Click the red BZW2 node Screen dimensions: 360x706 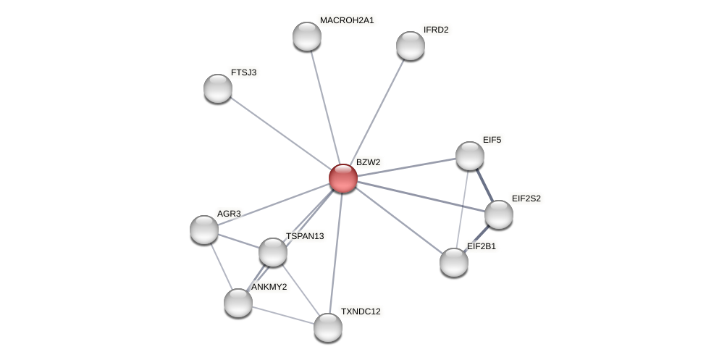(x=343, y=178)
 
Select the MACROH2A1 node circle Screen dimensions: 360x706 (x=307, y=36)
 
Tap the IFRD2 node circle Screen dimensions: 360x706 (x=411, y=46)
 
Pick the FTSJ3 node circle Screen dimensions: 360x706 (x=218, y=88)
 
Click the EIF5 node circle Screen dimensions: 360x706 (x=470, y=156)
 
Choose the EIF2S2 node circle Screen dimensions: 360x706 (x=499, y=214)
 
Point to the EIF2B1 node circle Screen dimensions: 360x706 (x=454, y=262)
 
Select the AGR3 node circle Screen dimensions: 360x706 (x=204, y=230)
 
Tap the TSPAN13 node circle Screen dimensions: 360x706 (x=273, y=252)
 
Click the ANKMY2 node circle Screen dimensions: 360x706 (x=238, y=303)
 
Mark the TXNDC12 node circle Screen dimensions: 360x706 (x=328, y=327)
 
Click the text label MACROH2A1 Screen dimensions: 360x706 (x=347, y=20)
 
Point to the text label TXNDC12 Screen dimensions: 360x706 (x=361, y=311)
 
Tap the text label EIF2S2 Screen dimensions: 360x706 (x=526, y=198)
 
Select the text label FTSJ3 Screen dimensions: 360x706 (x=243, y=72)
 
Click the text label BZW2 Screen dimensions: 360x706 (x=368, y=162)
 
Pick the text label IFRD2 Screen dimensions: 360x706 (x=436, y=30)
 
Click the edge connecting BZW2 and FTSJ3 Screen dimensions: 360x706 (x=280, y=133)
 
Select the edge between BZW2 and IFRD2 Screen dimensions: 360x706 (x=377, y=112)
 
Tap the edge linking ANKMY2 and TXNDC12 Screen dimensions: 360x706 (x=283, y=315)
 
